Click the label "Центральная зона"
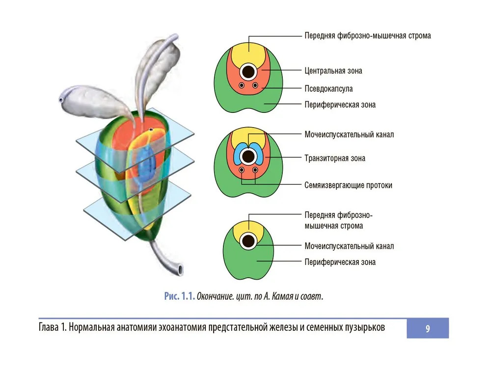coord(333,71)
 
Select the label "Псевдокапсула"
coord(328,88)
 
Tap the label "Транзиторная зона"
coord(335,158)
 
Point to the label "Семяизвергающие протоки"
coord(348,185)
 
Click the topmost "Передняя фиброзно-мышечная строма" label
coord(368,36)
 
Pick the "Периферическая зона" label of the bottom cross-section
coord(340,262)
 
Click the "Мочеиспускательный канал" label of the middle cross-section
coord(349,134)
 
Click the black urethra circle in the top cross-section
coord(248,72)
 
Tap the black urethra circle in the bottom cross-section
coord(248,241)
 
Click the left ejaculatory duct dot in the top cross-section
coord(242,85)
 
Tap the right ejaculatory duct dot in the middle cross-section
coord(255,170)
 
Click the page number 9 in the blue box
coord(428,329)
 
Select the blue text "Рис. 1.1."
coord(179,296)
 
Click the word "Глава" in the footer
coord(49,327)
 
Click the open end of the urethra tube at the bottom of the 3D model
coord(180,270)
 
